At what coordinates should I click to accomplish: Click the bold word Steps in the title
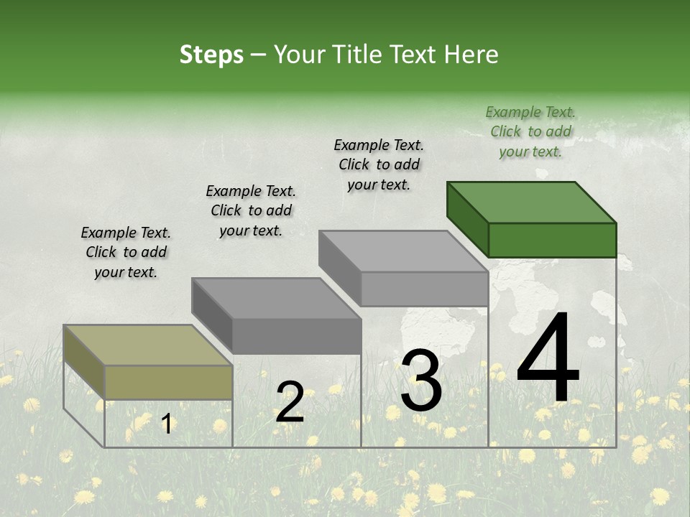point(211,55)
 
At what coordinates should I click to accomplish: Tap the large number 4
point(548,359)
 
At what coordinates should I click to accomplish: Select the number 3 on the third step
point(420,381)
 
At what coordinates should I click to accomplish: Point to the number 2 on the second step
point(290,401)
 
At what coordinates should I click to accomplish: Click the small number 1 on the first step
point(166,424)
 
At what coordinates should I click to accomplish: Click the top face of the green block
point(532,202)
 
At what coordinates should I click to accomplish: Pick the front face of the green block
point(552,240)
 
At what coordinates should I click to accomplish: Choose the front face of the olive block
point(168,382)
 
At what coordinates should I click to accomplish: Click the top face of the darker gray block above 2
point(276,298)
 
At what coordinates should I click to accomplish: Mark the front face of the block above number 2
point(296,336)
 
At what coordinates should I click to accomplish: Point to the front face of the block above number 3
point(424,289)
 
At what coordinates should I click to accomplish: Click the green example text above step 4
point(530,131)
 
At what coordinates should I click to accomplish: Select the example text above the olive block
point(126,252)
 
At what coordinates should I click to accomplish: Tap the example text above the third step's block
point(379,164)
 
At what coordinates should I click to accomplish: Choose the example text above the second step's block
point(251,210)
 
